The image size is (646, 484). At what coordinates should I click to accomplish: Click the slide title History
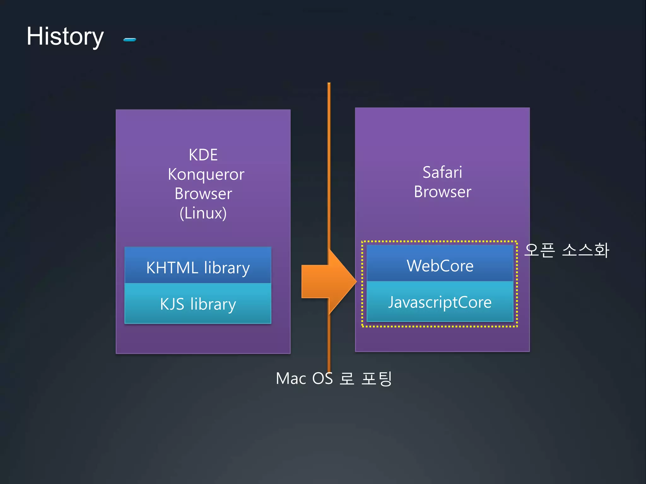(x=65, y=37)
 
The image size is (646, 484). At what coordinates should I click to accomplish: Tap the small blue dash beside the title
(x=130, y=40)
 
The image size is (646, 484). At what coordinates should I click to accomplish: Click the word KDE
(x=203, y=155)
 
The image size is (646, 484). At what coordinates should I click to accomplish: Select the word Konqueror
(x=206, y=175)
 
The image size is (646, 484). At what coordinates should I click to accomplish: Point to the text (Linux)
(x=203, y=213)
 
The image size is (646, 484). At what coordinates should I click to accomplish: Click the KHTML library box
(x=198, y=265)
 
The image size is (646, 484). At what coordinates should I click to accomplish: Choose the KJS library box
(x=198, y=303)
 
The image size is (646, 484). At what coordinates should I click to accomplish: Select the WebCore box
(x=440, y=263)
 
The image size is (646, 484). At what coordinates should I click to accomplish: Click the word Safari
(x=442, y=172)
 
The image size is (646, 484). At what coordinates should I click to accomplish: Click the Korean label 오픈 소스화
(x=567, y=251)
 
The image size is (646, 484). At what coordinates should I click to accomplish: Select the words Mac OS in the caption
(x=304, y=378)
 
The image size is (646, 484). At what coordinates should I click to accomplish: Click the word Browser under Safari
(x=443, y=192)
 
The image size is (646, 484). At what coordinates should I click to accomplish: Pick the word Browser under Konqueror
(x=203, y=194)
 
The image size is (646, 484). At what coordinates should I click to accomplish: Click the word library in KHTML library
(x=227, y=268)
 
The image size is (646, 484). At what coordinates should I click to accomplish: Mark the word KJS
(x=172, y=304)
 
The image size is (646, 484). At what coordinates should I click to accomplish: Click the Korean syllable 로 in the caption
(x=347, y=378)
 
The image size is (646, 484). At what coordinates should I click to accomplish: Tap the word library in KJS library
(x=213, y=304)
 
